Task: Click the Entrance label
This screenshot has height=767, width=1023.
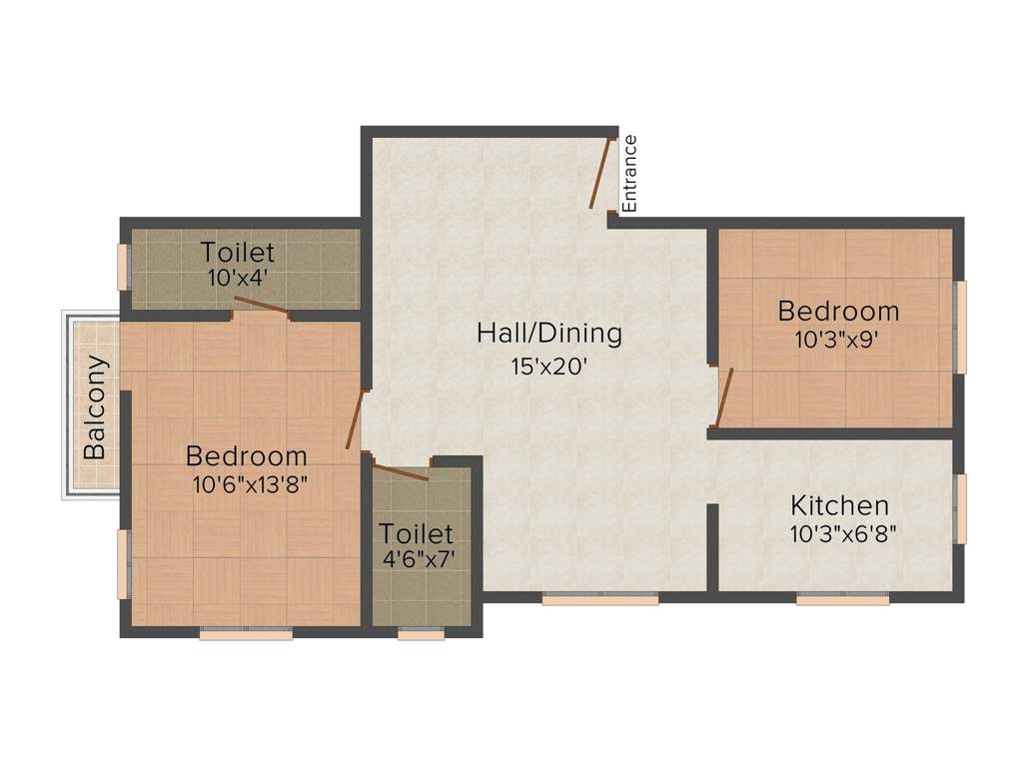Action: click(x=630, y=173)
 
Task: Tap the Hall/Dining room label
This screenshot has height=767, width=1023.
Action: click(x=548, y=333)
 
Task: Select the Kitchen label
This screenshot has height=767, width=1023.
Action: click(x=839, y=504)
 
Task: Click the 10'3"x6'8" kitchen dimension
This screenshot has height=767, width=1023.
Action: click(x=842, y=533)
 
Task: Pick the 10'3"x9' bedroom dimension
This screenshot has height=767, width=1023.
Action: click(x=837, y=339)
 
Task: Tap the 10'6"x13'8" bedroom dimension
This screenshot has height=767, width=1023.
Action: click(x=248, y=485)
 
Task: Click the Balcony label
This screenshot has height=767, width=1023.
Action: click(x=95, y=406)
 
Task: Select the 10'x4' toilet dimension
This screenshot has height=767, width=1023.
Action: click(x=236, y=278)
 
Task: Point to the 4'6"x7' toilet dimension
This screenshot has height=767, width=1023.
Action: click(x=419, y=559)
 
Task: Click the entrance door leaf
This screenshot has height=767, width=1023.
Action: click(x=600, y=174)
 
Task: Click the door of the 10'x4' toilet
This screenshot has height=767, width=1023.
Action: click(x=263, y=306)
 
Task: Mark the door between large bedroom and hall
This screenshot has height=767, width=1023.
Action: click(x=355, y=420)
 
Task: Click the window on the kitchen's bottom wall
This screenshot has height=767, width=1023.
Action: click(x=842, y=599)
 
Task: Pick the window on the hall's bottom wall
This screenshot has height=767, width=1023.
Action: click(x=600, y=599)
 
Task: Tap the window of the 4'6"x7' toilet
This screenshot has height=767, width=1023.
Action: click(x=421, y=633)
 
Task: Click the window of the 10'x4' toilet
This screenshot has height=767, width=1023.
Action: click(x=124, y=267)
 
